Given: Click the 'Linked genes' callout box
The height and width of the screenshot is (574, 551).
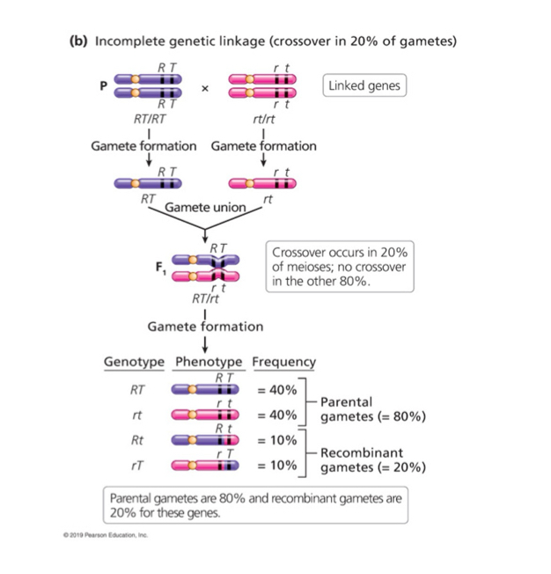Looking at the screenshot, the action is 364,85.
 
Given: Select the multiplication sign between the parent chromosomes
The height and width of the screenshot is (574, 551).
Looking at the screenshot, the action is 205,88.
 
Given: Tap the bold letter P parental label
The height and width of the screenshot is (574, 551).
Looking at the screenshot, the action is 104,85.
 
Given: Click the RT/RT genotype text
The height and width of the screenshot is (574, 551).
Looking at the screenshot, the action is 150,119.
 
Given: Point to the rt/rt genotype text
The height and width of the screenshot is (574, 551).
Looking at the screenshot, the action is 263,119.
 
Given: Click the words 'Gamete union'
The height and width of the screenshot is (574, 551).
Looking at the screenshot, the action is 205,207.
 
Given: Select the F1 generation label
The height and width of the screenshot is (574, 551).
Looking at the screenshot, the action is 161,268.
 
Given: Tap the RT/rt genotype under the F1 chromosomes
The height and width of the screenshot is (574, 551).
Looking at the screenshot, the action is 205,298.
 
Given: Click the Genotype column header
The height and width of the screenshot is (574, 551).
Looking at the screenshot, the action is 134,362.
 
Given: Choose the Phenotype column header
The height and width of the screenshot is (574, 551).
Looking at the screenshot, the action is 209,362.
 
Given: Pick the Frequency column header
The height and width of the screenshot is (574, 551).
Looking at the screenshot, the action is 283,362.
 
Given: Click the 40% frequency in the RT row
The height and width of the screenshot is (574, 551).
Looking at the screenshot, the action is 276,390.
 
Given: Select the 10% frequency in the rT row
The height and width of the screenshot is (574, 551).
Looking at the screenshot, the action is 276,466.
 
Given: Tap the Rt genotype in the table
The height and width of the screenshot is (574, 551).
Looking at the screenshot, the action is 137,440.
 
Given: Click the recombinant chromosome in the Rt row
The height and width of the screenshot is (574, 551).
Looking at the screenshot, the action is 205,440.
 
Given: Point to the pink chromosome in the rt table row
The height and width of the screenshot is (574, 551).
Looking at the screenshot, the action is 205,416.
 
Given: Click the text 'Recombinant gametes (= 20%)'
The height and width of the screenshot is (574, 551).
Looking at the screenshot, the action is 373,460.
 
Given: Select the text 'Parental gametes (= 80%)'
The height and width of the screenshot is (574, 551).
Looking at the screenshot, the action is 373,409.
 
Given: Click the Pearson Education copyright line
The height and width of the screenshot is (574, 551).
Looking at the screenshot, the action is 106,535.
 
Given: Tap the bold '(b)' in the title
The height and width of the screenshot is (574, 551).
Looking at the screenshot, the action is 78,41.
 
